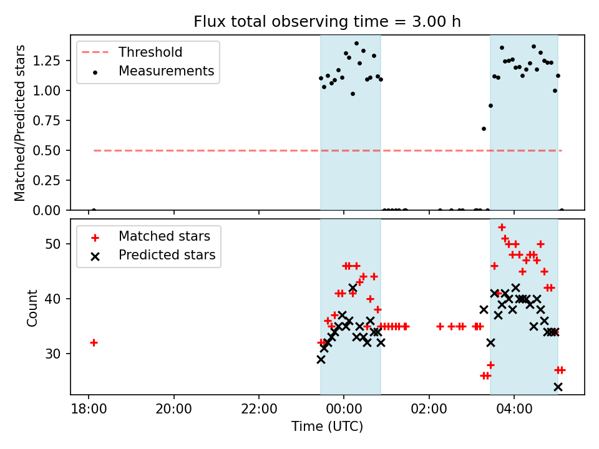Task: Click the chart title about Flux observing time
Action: (327, 22)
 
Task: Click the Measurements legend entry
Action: (166, 71)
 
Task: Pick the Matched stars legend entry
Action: (164, 236)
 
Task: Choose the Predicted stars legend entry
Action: (167, 255)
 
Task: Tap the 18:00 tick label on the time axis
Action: (89, 410)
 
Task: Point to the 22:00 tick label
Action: (258, 410)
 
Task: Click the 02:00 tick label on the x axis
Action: (429, 410)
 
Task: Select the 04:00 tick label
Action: (514, 410)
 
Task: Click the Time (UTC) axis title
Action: (327, 427)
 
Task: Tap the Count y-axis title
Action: (32, 307)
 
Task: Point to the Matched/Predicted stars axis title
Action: (20, 123)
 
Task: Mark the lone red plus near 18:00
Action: (94, 342)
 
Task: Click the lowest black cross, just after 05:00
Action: (558, 387)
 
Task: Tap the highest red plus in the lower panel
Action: (502, 227)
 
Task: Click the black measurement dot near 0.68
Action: (484, 128)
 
